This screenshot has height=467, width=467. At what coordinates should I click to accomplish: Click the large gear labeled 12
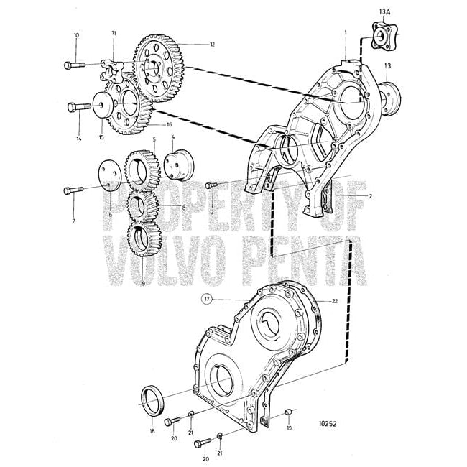point(160,66)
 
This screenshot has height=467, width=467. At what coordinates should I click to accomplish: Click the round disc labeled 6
point(108,177)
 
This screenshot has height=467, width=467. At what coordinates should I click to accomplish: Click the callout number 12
point(213,45)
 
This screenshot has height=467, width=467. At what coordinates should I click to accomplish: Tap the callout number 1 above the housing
point(345,32)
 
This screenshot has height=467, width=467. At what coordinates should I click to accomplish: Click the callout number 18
point(152,431)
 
